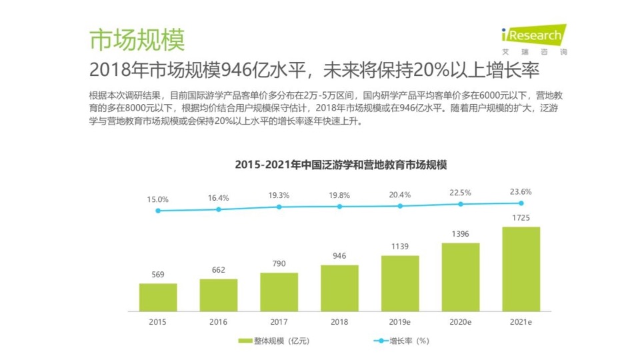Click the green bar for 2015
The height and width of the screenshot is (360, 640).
(x=158, y=297)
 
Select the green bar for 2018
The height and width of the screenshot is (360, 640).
(x=339, y=288)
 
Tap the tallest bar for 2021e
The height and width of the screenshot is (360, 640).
(x=521, y=269)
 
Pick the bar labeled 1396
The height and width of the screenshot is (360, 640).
(x=460, y=277)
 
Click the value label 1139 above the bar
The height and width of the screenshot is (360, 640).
(x=400, y=247)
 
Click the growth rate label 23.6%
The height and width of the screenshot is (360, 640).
(x=521, y=191)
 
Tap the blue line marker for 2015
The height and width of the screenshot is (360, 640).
(x=158, y=211)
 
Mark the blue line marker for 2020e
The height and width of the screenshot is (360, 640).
(x=460, y=205)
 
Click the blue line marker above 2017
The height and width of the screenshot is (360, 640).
(x=279, y=207)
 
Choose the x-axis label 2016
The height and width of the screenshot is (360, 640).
(x=219, y=321)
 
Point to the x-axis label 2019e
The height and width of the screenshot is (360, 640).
(x=400, y=321)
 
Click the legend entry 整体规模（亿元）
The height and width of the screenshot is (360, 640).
(x=273, y=341)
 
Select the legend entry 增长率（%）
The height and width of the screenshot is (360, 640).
(x=400, y=341)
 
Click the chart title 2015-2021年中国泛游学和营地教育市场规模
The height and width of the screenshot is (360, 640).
(x=339, y=164)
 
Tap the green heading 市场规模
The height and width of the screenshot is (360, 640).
(x=137, y=40)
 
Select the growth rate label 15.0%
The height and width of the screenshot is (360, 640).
(x=158, y=199)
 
